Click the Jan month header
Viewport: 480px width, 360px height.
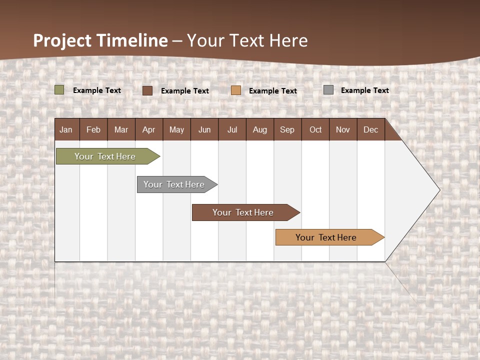tap(66, 129)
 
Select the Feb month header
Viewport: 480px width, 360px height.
tap(93, 129)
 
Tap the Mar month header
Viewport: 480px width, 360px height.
tap(121, 129)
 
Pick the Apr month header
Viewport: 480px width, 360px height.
tap(149, 129)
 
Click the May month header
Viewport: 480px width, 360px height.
tap(176, 129)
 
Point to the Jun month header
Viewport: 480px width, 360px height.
tap(204, 129)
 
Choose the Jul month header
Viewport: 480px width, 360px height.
tap(232, 129)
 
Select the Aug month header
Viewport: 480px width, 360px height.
tap(260, 129)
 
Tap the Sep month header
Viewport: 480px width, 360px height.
tap(287, 129)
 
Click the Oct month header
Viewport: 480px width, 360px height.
tap(315, 129)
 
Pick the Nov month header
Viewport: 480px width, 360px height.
tap(343, 129)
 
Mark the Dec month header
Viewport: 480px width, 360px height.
tap(371, 129)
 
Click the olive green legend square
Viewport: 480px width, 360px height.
tap(59, 90)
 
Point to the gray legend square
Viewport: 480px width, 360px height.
tap(328, 90)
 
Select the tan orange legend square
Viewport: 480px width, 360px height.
tap(236, 90)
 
